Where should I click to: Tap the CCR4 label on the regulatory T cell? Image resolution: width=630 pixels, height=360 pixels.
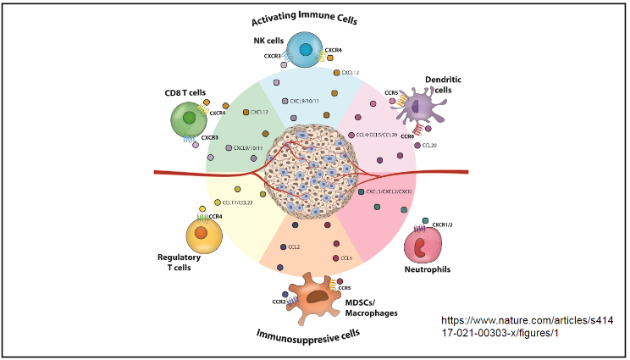[x=215, y=217]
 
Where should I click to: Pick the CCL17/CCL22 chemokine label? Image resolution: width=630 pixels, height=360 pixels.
[x=238, y=202]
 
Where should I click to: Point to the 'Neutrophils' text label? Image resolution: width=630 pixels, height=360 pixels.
[x=427, y=270]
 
